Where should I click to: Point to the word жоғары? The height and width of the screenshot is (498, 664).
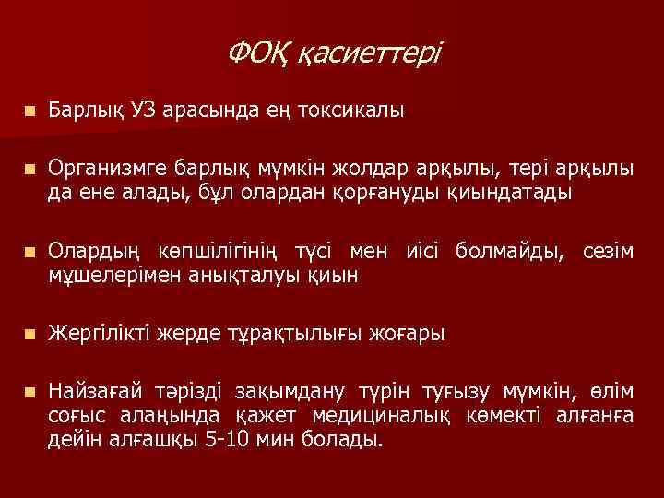[410, 333]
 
